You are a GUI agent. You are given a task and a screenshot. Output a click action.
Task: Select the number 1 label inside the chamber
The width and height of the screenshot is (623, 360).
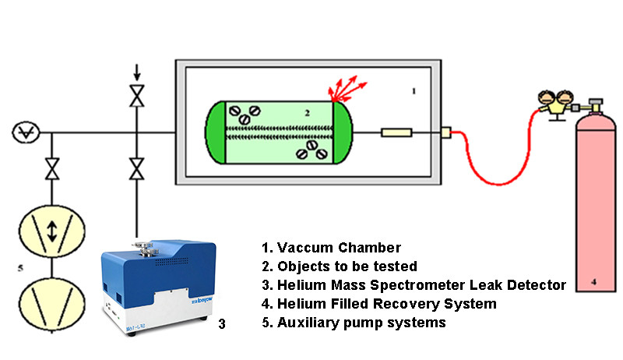414,90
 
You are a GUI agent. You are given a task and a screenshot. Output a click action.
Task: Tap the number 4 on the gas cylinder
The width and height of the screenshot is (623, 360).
596,285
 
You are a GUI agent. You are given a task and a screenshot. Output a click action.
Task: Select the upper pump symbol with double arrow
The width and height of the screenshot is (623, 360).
52,230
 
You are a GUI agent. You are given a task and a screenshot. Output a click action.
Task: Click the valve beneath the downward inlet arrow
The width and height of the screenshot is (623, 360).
138,97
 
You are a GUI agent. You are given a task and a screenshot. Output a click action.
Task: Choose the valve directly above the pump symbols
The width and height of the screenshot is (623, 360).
52,168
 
